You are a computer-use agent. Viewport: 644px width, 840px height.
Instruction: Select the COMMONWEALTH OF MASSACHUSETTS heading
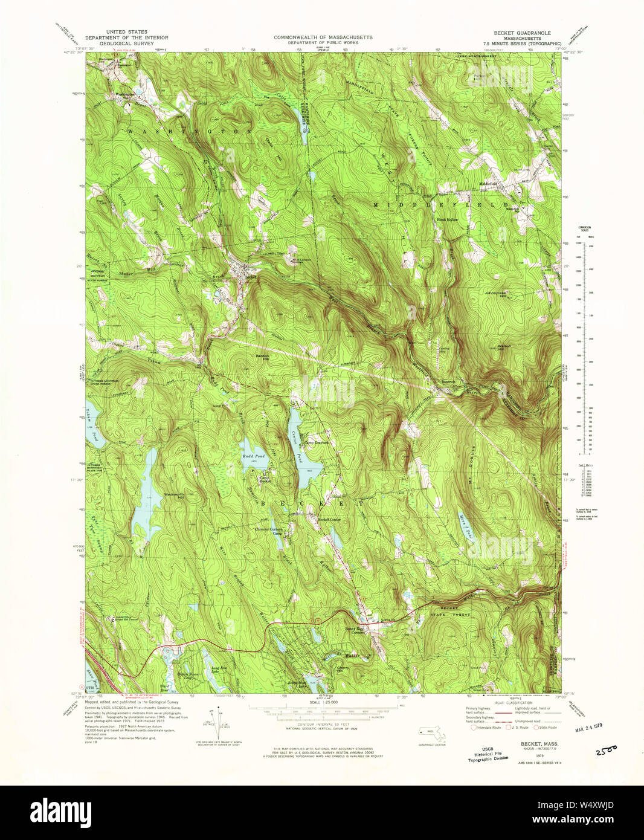(323, 37)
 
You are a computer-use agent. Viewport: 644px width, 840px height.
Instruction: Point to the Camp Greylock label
(316, 442)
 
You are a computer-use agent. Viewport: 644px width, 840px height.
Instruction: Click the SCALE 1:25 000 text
(323, 702)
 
